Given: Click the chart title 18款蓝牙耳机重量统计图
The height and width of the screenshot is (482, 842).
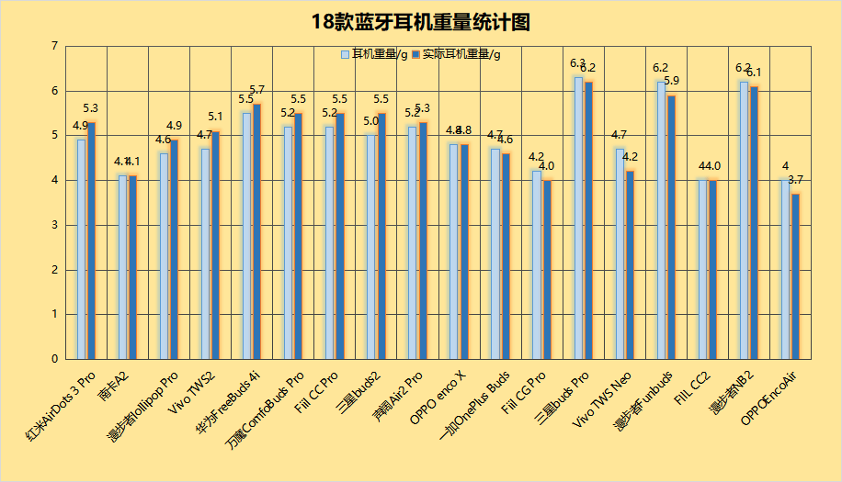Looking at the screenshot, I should pyautogui.click(x=421, y=22).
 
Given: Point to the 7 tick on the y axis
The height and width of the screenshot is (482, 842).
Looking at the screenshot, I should pyautogui.click(x=55, y=46).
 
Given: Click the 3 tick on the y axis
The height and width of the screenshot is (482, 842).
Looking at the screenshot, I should pyautogui.click(x=55, y=225).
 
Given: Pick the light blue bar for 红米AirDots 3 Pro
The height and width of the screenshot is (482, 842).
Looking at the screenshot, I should pyautogui.click(x=81, y=249).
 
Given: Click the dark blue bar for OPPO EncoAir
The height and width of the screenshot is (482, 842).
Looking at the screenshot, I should pyautogui.click(x=795, y=276).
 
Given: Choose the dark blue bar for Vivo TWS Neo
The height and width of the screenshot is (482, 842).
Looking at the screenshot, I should pyautogui.click(x=630, y=265).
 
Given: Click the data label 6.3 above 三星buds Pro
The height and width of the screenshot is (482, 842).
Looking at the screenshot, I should pyautogui.click(x=578, y=63).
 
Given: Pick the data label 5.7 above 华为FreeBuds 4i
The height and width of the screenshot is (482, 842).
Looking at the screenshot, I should pyautogui.click(x=257, y=90).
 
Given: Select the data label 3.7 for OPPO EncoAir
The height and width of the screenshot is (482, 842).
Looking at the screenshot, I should pyautogui.click(x=796, y=180).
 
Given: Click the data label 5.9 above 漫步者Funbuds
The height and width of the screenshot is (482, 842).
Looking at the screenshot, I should pyautogui.click(x=672, y=81).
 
